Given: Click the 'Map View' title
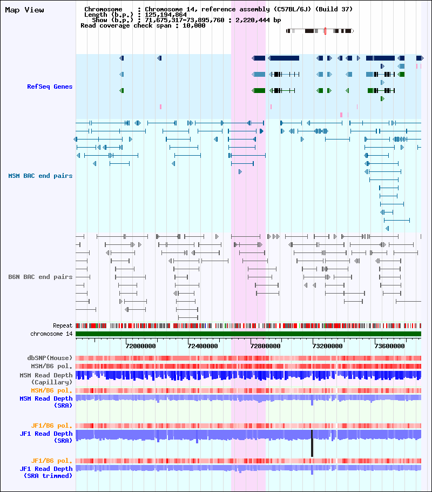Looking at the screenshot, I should click(24, 10).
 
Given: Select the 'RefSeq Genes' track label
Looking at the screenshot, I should click(50, 87).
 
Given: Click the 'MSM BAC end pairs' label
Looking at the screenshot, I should click(40, 176).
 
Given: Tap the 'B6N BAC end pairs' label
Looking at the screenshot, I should click(40, 277).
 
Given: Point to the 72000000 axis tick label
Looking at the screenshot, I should click(141, 346).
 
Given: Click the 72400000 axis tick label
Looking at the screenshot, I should click(203, 346).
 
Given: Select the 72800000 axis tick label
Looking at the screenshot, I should click(265, 346).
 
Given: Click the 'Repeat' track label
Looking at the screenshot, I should click(63, 326).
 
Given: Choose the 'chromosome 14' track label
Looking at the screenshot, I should click(51, 334).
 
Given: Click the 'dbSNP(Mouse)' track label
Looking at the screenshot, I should click(50, 358).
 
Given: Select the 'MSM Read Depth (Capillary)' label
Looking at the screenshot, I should click(46, 378).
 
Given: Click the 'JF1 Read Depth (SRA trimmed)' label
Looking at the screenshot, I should click(46, 472).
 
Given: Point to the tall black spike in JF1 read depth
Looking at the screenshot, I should click(312, 443).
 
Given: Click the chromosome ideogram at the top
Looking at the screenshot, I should click(320, 31).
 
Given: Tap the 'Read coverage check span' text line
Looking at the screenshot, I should click(143, 25).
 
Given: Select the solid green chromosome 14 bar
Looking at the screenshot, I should click(248, 334).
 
